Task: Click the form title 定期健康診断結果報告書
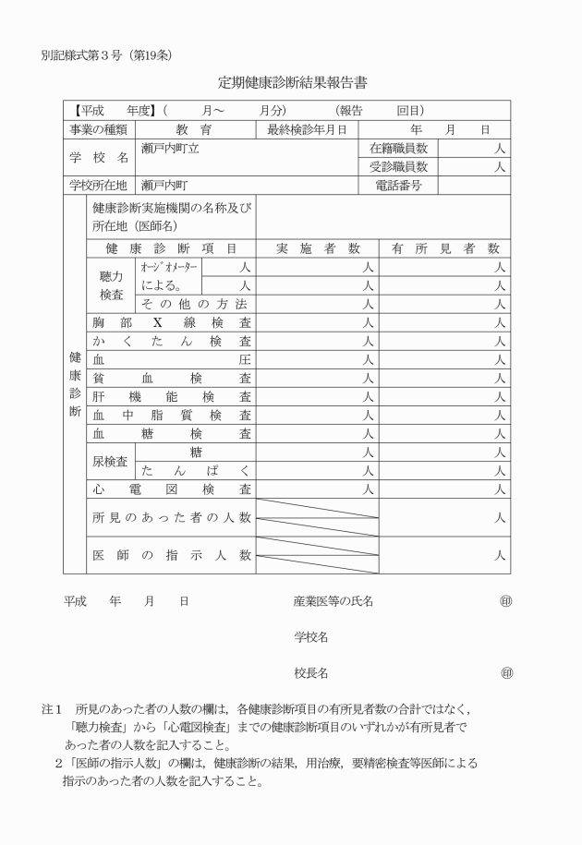coord(292,82)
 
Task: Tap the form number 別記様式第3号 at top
coord(92,54)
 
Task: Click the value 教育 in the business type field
coord(194,129)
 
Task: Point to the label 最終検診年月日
coord(307,129)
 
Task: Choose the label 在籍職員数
coord(398,148)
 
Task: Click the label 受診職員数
coord(398,167)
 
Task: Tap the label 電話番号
coord(398,186)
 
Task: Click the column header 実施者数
coord(317,248)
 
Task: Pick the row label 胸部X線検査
coord(171,322)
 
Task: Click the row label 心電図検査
coord(171,489)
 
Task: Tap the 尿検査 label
coord(110,461)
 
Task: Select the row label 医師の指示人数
coord(171,555)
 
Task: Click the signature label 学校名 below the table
coord(311,637)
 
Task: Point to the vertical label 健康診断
coord(75,383)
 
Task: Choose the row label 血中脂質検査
coord(171,415)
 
